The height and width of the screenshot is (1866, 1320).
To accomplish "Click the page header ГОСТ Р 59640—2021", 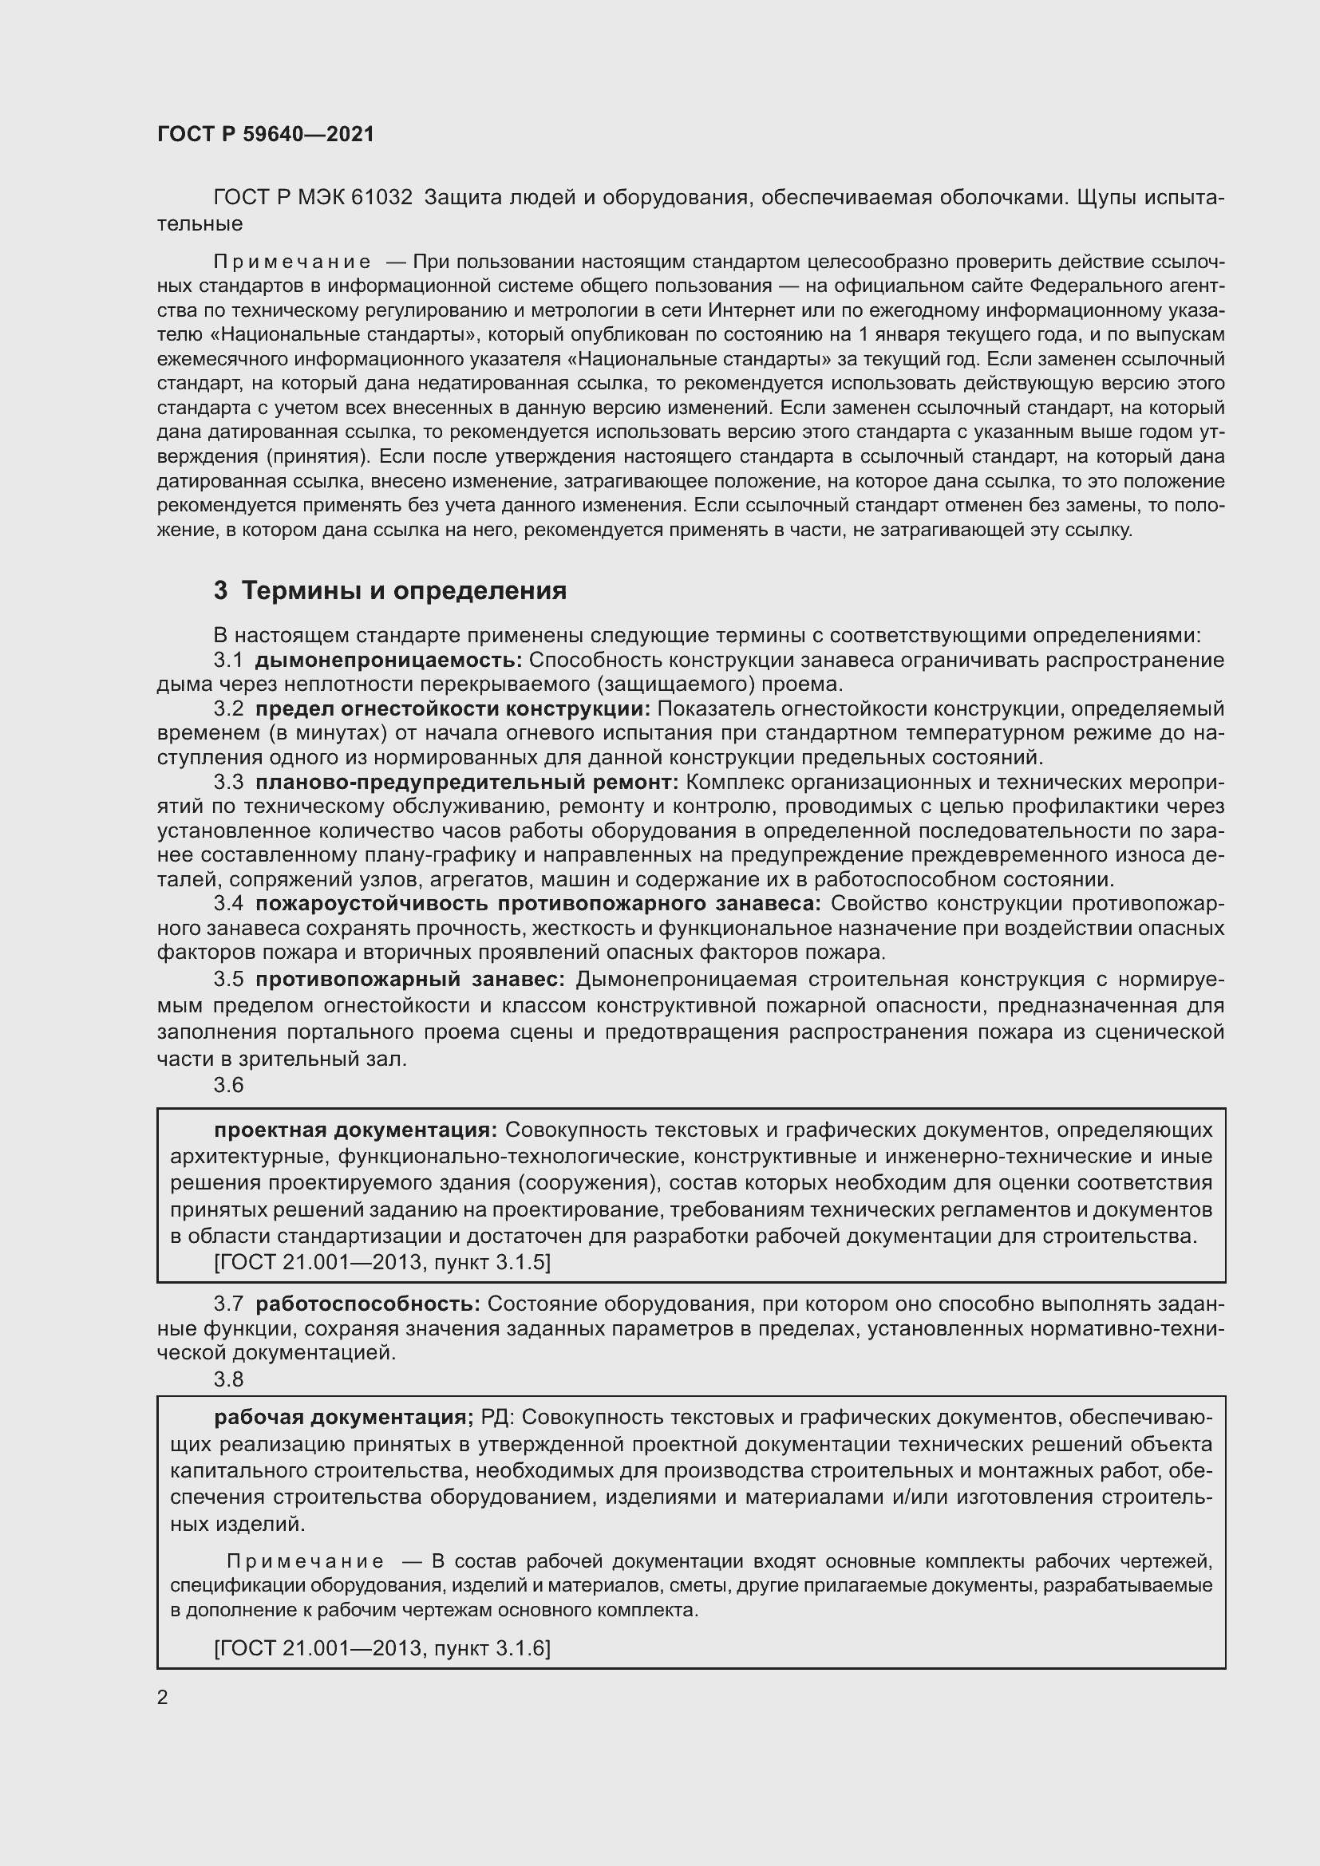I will pos(266,134).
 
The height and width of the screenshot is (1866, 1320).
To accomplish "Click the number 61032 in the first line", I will pos(382,198).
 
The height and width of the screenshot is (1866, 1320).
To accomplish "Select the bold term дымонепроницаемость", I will pos(389,660).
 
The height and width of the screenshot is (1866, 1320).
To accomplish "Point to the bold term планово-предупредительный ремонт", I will pos(467,782).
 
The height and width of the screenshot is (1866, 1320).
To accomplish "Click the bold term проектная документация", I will pos(355,1130).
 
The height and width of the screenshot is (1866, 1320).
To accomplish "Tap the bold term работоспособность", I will pos(367,1304).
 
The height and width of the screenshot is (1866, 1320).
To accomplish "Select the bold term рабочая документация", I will pos(344,1418).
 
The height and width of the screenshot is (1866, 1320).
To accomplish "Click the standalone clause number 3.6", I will pos(228,1085).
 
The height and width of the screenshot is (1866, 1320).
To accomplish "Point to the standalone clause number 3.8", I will pos(228,1379).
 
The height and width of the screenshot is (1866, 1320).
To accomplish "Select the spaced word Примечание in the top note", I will pos(292,262).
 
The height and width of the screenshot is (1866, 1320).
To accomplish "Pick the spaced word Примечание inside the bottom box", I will pos(305,1561).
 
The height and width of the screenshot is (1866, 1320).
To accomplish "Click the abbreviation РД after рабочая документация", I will pos(496,1418).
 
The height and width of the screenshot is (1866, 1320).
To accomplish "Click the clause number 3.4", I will pos(228,904).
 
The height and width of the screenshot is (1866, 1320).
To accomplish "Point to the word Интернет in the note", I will pos(750,310).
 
